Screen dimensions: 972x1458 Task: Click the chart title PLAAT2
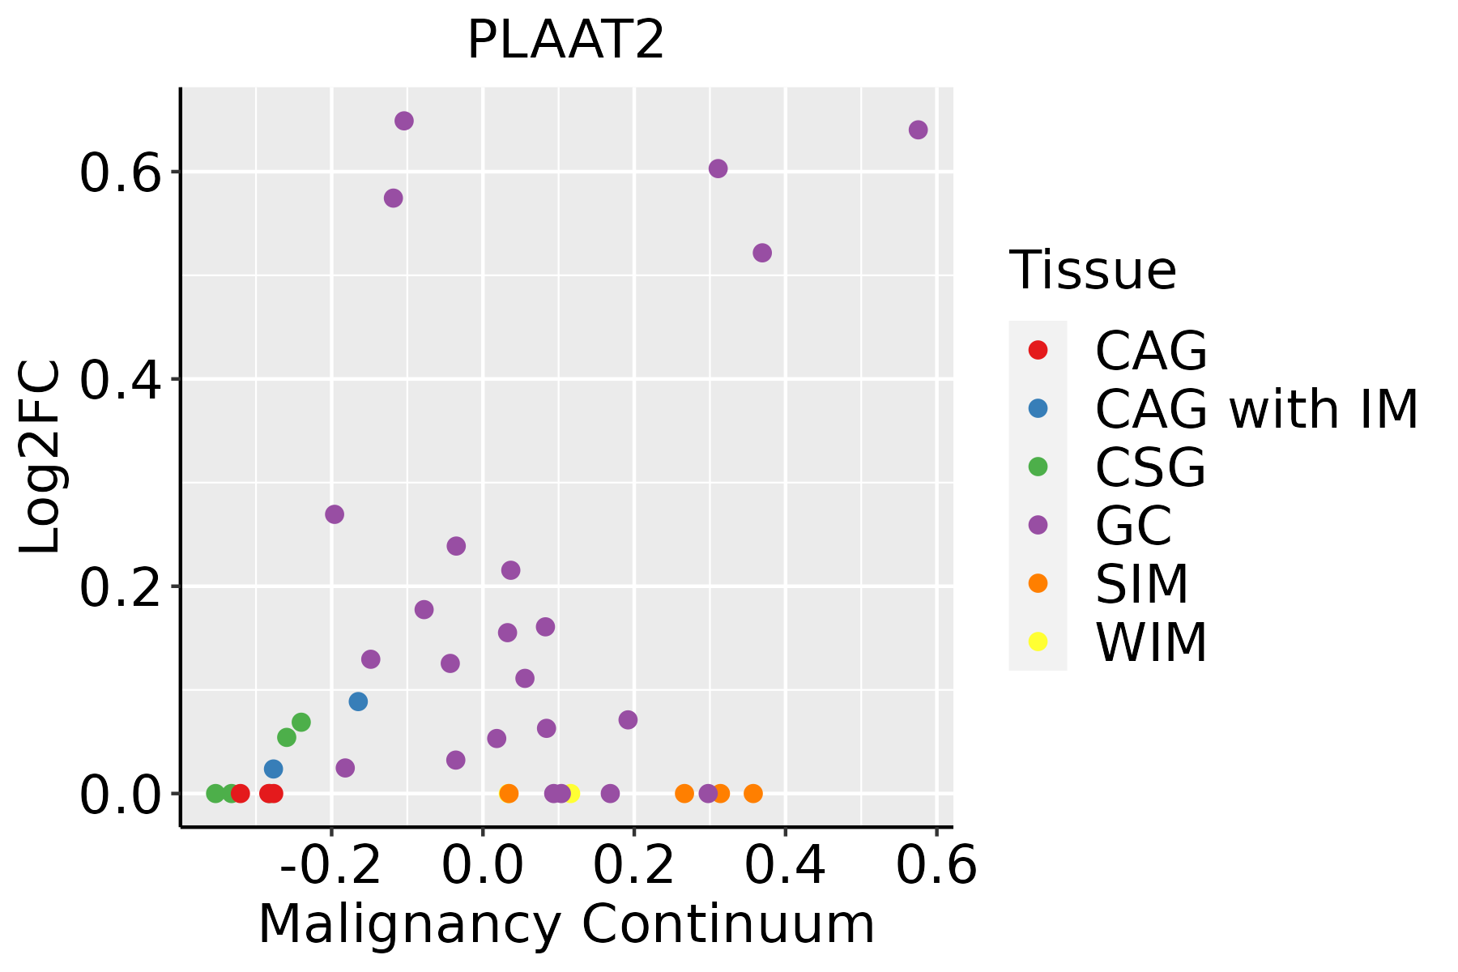tap(565, 40)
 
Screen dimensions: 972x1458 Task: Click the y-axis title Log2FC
tap(40, 458)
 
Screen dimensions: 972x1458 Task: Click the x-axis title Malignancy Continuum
tap(565, 924)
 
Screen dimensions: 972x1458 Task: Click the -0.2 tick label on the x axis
tap(330, 866)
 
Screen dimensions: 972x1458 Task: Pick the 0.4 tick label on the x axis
tap(784, 866)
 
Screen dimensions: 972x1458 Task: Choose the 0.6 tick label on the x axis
tap(936, 866)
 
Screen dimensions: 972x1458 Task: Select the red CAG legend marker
tap(1038, 350)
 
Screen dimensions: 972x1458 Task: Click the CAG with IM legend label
tap(1256, 409)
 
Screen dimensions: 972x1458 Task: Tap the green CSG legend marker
tap(1038, 467)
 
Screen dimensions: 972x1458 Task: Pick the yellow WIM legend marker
tap(1038, 642)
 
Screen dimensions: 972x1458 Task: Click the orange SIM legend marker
tap(1038, 583)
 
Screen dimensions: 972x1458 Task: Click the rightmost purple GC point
tap(918, 130)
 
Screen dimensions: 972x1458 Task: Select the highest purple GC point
tap(404, 121)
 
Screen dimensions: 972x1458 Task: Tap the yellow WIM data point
tap(571, 793)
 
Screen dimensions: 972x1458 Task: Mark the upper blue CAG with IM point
tap(358, 701)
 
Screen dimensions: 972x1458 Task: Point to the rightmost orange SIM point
tap(753, 793)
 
